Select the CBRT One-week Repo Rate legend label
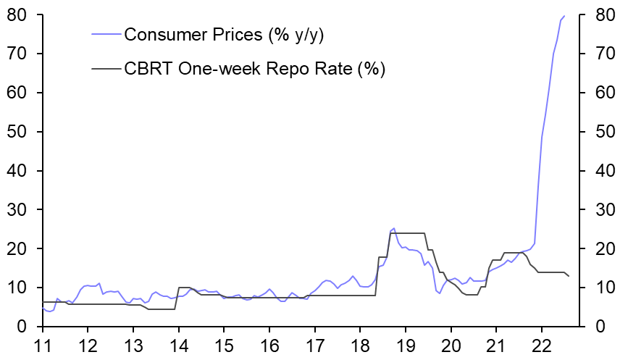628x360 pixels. (x=254, y=69)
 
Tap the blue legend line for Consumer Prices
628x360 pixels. (x=106, y=34)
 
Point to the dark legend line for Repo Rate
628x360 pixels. (x=106, y=69)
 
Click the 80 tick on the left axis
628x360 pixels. (x=17, y=14)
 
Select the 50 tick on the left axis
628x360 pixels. (x=17, y=132)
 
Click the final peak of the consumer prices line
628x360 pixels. (x=564, y=16)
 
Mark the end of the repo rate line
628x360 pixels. (x=569, y=276)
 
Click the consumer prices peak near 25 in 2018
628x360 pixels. (x=393, y=228)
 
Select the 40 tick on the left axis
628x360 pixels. (x=17, y=171)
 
